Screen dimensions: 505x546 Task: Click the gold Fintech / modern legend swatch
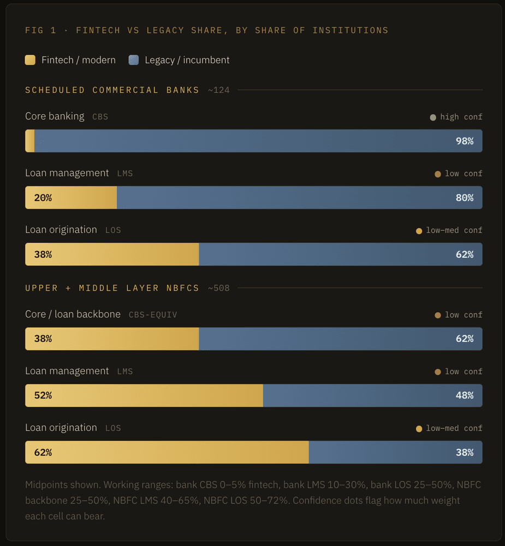[x=31, y=60]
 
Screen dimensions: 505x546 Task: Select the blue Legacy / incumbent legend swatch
[x=134, y=60]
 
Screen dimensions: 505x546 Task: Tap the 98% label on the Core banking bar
[x=465, y=141]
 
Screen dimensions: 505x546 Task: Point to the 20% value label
[x=43, y=198]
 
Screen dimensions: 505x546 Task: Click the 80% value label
[x=465, y=198]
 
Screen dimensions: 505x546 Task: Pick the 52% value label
[x=43, y=395]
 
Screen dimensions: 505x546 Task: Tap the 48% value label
[x=465, y=395]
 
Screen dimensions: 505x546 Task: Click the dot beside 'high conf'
[x=433, y=117]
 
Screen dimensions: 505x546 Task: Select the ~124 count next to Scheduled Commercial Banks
[x=219, y=90]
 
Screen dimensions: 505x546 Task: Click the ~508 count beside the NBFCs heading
[x=219, y=288]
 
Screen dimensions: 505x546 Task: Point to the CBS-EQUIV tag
[x=153, y=315]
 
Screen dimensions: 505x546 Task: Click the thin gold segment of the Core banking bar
[x=30, y=141]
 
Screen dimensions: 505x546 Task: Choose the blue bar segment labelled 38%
[x=395, y=452]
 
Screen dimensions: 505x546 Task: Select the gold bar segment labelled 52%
[x=144, y=395]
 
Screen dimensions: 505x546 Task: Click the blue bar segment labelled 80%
[x=300, y=198]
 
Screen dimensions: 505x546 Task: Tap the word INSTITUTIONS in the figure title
[x=350, y=30]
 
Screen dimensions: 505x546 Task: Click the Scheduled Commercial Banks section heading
[x=112, y=90]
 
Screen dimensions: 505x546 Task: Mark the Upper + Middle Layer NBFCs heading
[x=112, y=288]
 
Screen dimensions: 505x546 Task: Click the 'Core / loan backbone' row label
[x=73, y=314]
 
